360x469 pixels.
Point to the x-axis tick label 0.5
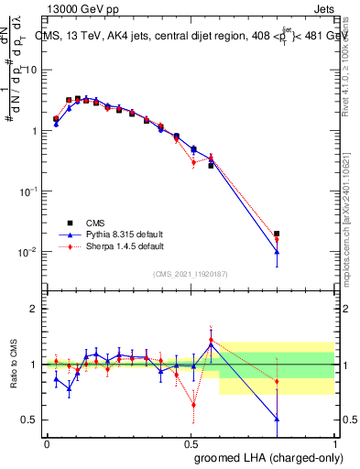(190, 442)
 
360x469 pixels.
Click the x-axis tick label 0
(47, 442)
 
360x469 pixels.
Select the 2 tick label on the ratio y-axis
(34, 309)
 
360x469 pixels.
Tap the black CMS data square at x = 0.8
(277, 234)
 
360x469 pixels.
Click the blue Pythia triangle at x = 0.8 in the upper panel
(277, 252)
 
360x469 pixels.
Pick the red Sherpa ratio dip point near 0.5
(193, 404)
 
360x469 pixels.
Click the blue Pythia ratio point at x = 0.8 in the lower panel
(277, 419)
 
